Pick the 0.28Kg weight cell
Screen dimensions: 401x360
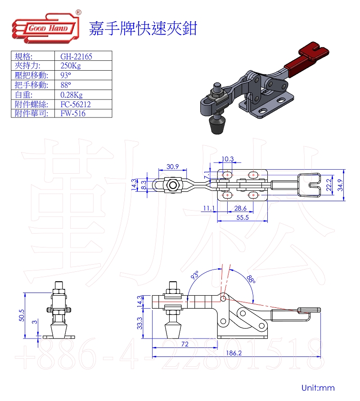click(x=72, y=95)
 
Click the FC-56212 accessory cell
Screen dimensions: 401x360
click(x=75, y=104)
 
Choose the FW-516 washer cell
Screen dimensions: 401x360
click(x=73, y=113)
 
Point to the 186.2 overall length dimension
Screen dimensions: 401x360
click(x=234, y=353)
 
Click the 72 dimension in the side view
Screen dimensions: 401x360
click(x=184, y=344)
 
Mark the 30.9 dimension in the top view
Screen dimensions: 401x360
click(x=172, y=167)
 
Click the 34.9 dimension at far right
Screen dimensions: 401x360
click(x=341, y=185)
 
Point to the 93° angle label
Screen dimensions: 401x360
click(x=194, y=275)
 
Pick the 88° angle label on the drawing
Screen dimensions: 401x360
click(x=251, y=279)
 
